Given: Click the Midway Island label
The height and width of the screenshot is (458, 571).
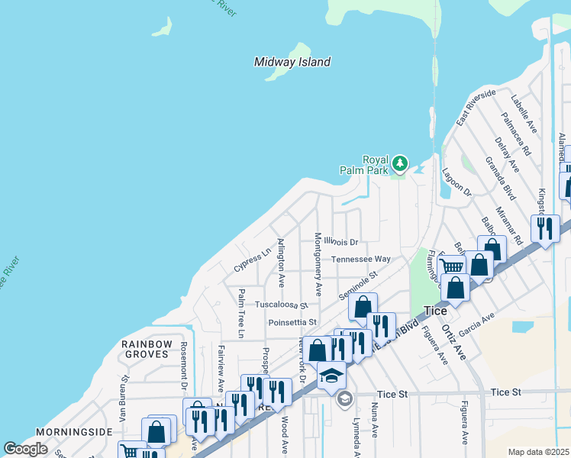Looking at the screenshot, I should (x=292, y=62).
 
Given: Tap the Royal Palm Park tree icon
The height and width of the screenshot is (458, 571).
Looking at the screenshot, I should (x=399, y=163).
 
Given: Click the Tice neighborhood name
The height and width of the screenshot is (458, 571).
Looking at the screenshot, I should (x=434, y=311).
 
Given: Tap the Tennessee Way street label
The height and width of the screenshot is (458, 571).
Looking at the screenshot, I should (x=360, y=260).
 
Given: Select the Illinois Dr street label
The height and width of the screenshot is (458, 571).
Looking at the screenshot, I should (x=340, y=241).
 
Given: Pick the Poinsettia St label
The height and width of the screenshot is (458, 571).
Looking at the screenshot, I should (x=292, y=322).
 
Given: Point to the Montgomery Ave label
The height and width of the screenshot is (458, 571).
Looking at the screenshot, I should (x=318, y=265).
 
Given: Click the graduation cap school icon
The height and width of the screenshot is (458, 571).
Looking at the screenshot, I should (x=332, y=375).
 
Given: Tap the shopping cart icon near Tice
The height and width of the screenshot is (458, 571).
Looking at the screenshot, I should (x=453, y=266).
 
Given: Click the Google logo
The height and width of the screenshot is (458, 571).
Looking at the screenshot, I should (x=25, y=449).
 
